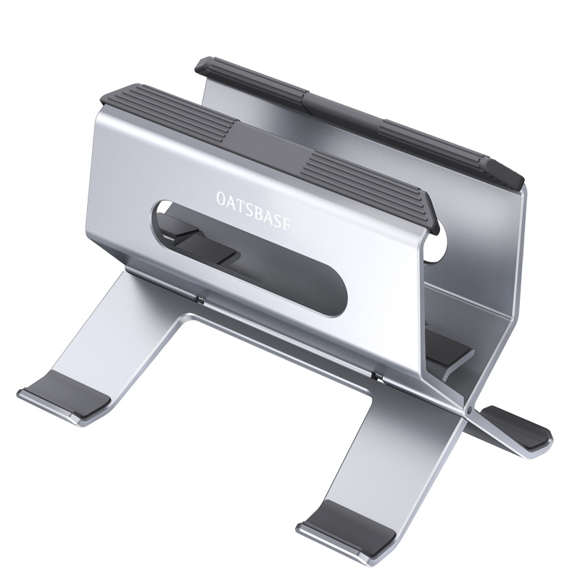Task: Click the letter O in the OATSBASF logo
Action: (220, 196)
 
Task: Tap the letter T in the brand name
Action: (240, 198)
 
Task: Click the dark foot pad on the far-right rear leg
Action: (518, 427)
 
